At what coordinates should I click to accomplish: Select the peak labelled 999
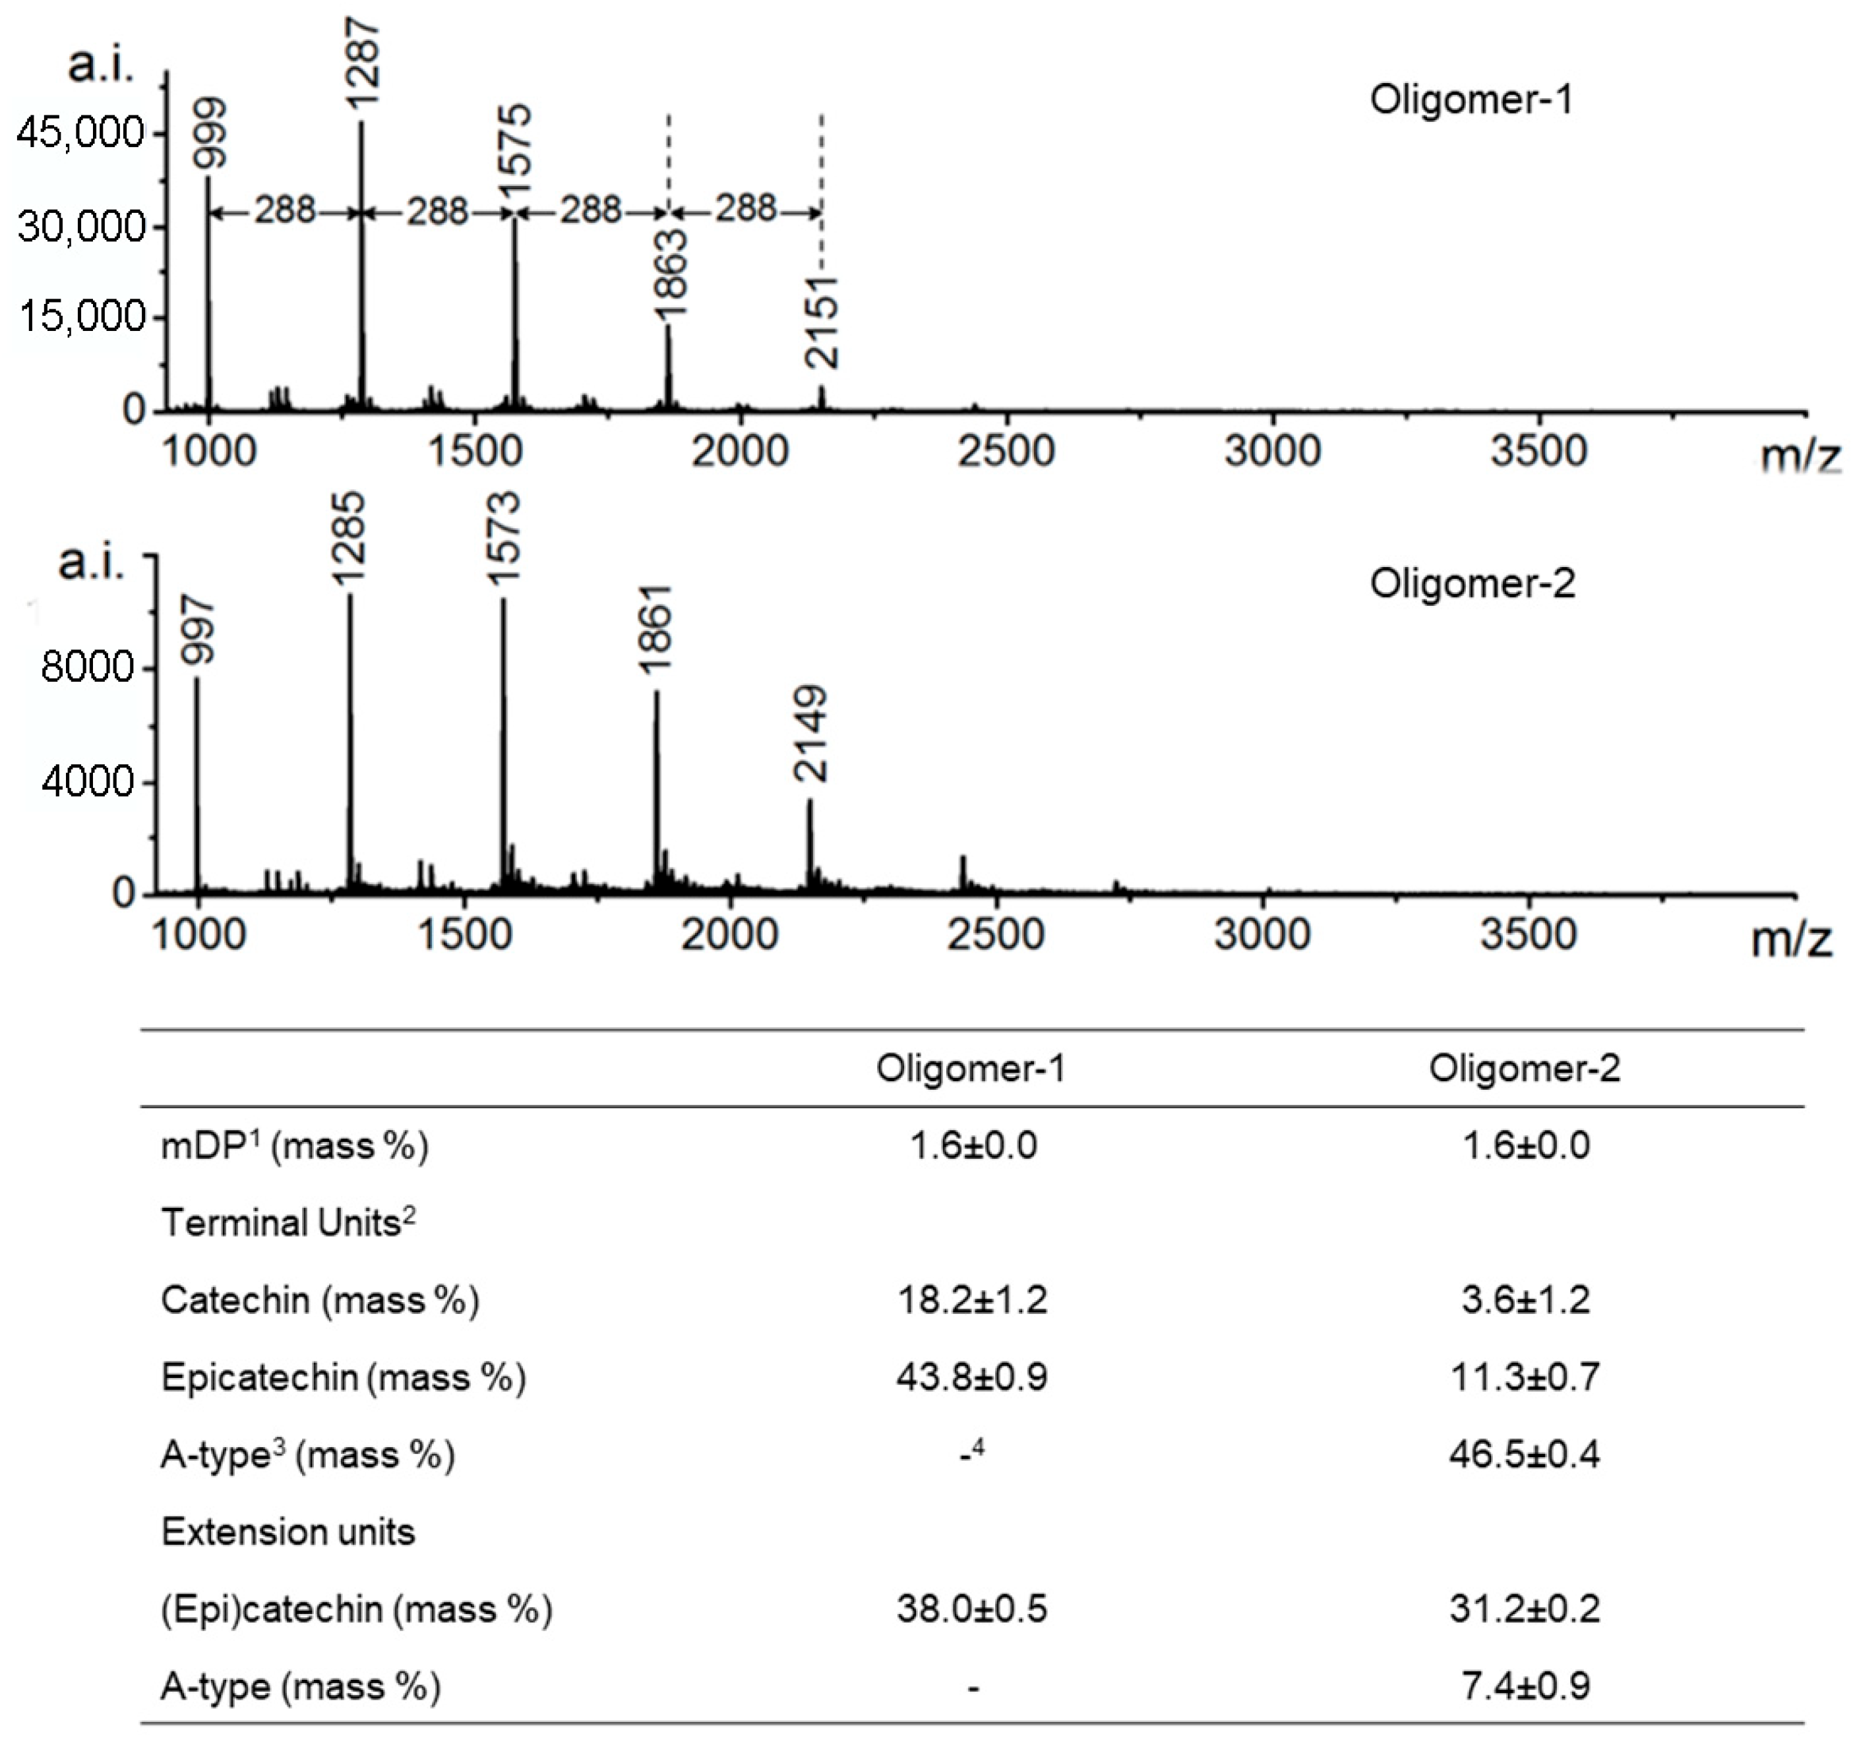pyautogui.click(x=208, y=133)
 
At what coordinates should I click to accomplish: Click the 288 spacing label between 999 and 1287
pyautogui.click(x=284, y=210)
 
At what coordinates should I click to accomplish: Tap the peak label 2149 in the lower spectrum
pyautogui.click(x=810, y=734)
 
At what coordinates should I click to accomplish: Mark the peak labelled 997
pyautogui.click(x=197, y=630)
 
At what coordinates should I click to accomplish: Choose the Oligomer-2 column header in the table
pyautogui.click(x=1524, y=1069)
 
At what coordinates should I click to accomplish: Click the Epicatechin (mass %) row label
pyautogui.click(x=343, y=1377)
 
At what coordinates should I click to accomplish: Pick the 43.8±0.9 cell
pyautogui.click(x=971, y=1377)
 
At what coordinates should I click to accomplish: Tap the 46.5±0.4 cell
pyautogui.click(x=1524, y=1454)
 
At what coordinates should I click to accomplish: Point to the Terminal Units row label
pyautogui.click(x=288, y=1223)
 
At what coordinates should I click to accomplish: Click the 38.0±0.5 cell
pyautogui.click(x=971, y=1609)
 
